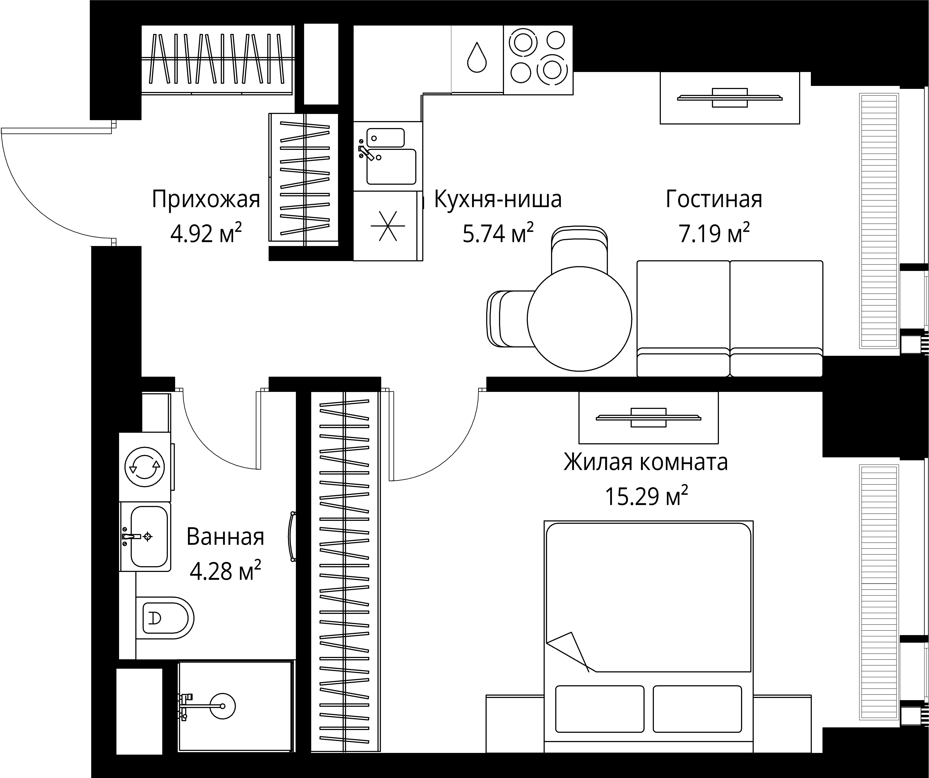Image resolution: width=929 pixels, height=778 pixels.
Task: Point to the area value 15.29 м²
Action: click(646, 497)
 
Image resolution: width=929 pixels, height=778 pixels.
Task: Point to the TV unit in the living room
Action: click(729, 98)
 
